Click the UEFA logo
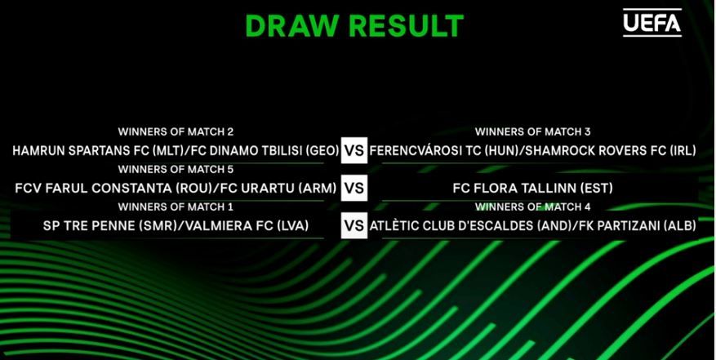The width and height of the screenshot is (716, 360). [x=652, y=22]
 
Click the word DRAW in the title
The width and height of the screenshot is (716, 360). [x=292, y=26]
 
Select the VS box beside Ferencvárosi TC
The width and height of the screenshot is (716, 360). [x=354, y=150]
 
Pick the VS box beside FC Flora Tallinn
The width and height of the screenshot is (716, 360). [x=354, y=189]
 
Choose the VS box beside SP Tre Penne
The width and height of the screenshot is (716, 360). [x=354, y=226]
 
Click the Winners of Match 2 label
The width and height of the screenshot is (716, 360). [x=176, y=132]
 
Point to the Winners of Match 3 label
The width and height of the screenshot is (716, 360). [x=532, y=132]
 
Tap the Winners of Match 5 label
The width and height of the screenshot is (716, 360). [x=176, y=170]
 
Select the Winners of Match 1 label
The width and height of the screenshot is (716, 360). [x=176, y=207]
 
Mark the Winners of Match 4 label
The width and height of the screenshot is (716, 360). [x=532, y=207]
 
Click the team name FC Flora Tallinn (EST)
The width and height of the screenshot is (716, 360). [x=532, y=189]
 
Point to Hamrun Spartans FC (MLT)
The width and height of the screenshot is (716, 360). [x=96, y=151]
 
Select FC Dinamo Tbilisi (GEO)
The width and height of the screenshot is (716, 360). [x=260, y=151]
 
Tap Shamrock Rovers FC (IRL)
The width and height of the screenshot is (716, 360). [x=611, y=151]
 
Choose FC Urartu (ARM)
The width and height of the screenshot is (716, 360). [x=277, y=189]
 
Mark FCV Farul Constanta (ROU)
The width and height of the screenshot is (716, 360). [x=113, y=189]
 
